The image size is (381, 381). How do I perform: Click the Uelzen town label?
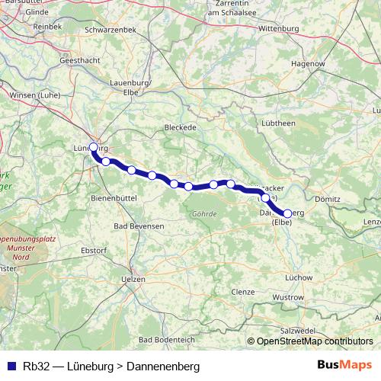(x=133, y=280)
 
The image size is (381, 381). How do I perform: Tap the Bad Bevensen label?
(x=138, y=226)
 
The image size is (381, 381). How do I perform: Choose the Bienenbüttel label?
(x=113, y=197)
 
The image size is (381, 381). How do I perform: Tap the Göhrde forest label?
(x=204, y=213)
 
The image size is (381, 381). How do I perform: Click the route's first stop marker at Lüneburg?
(x=94, y=147)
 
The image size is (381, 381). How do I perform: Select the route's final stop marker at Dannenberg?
(x=287, y=213)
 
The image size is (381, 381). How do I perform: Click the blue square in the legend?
(x=12, y=366)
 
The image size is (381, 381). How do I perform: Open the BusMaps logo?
(x=344, y=366)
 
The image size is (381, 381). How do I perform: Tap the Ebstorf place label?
(x=94, y=250)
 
